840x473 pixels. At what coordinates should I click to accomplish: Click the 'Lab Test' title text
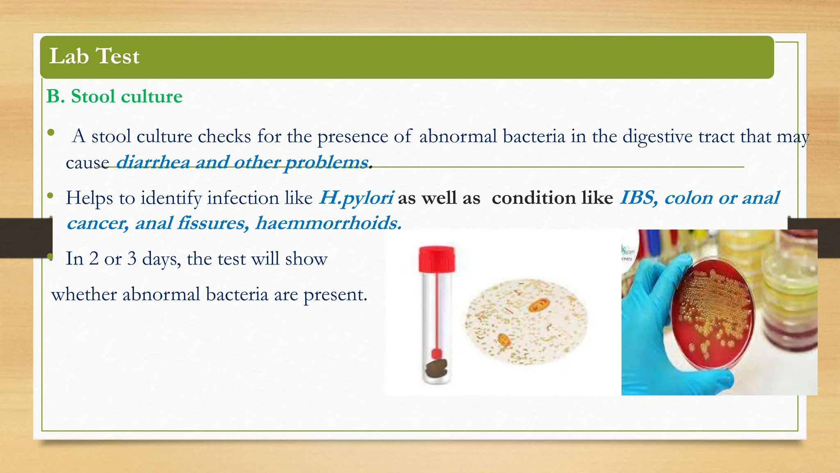94,56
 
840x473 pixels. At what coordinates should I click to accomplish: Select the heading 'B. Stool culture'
114,96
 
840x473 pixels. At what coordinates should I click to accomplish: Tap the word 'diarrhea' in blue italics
153,162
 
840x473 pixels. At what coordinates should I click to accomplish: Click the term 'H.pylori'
356,198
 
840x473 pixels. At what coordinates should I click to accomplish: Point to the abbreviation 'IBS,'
639,198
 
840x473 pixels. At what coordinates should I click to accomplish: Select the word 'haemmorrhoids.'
328,223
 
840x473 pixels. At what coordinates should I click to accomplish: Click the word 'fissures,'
213,223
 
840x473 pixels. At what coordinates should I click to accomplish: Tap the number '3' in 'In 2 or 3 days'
132,259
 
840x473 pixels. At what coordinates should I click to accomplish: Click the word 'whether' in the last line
84,294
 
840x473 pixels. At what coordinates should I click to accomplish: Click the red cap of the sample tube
437,259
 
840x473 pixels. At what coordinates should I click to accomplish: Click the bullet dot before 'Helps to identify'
50,196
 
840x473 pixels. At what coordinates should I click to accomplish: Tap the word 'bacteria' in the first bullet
534,136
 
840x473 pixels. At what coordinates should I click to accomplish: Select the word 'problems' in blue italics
326,162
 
